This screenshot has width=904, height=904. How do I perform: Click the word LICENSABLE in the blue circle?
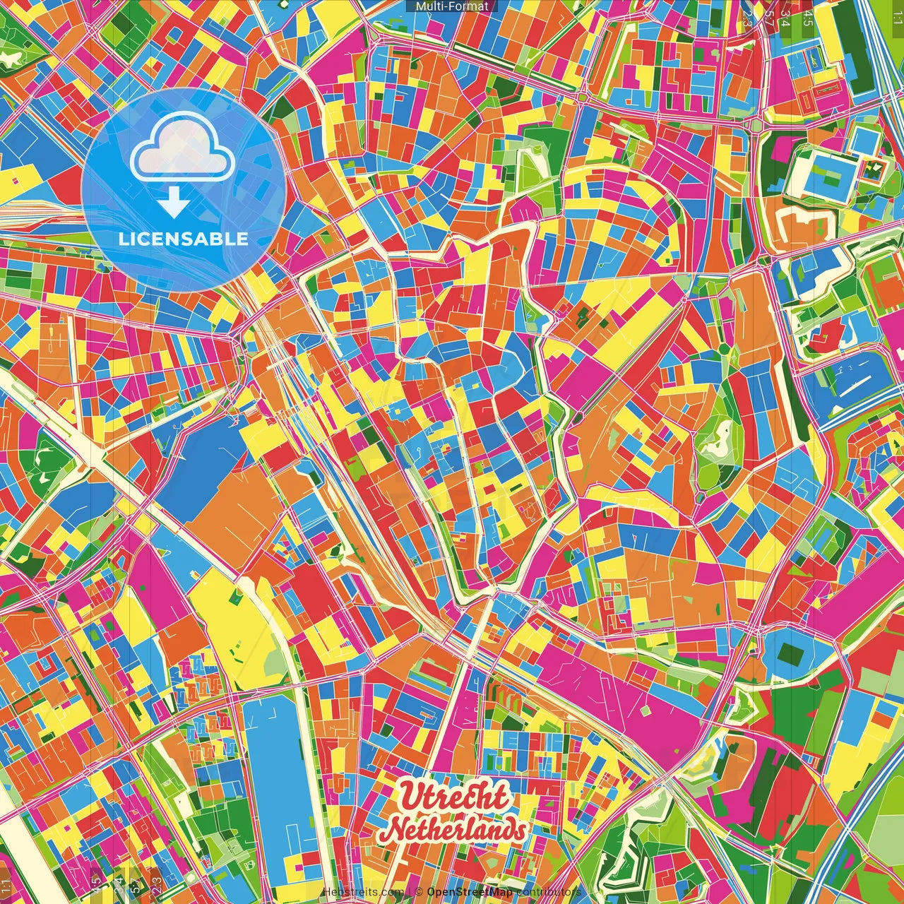183,239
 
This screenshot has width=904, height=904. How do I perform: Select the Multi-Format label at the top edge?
451,6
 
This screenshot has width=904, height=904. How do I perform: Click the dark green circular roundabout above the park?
724,349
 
